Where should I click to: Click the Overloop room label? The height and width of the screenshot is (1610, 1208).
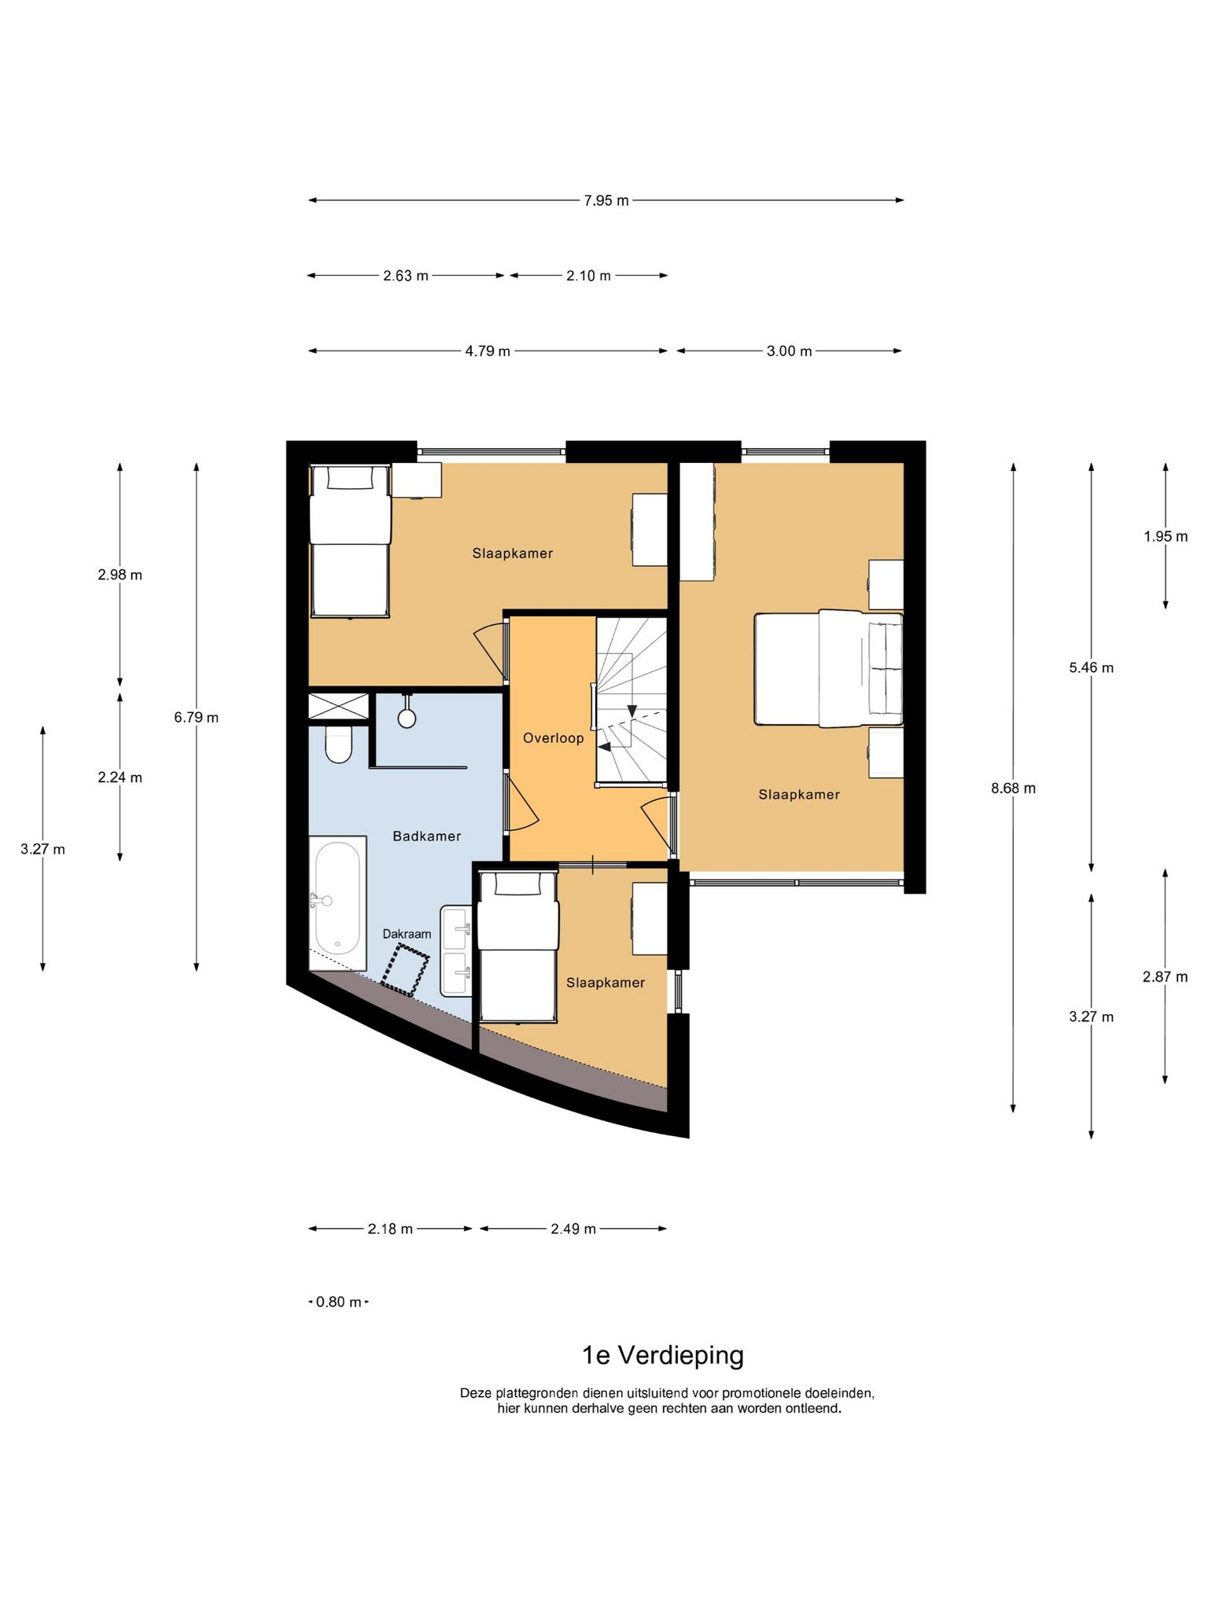[554, 738]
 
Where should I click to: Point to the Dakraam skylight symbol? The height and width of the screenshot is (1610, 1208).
[406, 970]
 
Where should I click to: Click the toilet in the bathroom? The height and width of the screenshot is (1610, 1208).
[339, 744]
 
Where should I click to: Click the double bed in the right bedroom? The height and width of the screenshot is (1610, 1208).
[828, 668]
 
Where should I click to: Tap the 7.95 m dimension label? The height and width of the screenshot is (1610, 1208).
[606, 200]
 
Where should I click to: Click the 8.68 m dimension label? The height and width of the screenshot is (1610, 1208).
[1013, 788]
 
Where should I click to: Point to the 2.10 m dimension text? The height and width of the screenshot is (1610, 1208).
[588, 276]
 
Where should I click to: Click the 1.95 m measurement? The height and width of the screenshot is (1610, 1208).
[1166, 536]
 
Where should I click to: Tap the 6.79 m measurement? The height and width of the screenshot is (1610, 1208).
[197, 717]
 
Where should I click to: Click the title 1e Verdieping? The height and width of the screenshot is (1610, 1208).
[662, 1355]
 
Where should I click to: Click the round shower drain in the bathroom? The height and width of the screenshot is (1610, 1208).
[407, 718]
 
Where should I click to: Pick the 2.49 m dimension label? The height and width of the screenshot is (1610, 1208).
[573, 1229]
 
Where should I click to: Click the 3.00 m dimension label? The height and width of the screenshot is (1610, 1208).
[789, 351]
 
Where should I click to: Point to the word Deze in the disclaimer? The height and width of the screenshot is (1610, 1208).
[475, 1393]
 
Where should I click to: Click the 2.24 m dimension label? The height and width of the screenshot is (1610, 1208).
[120, 777]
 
